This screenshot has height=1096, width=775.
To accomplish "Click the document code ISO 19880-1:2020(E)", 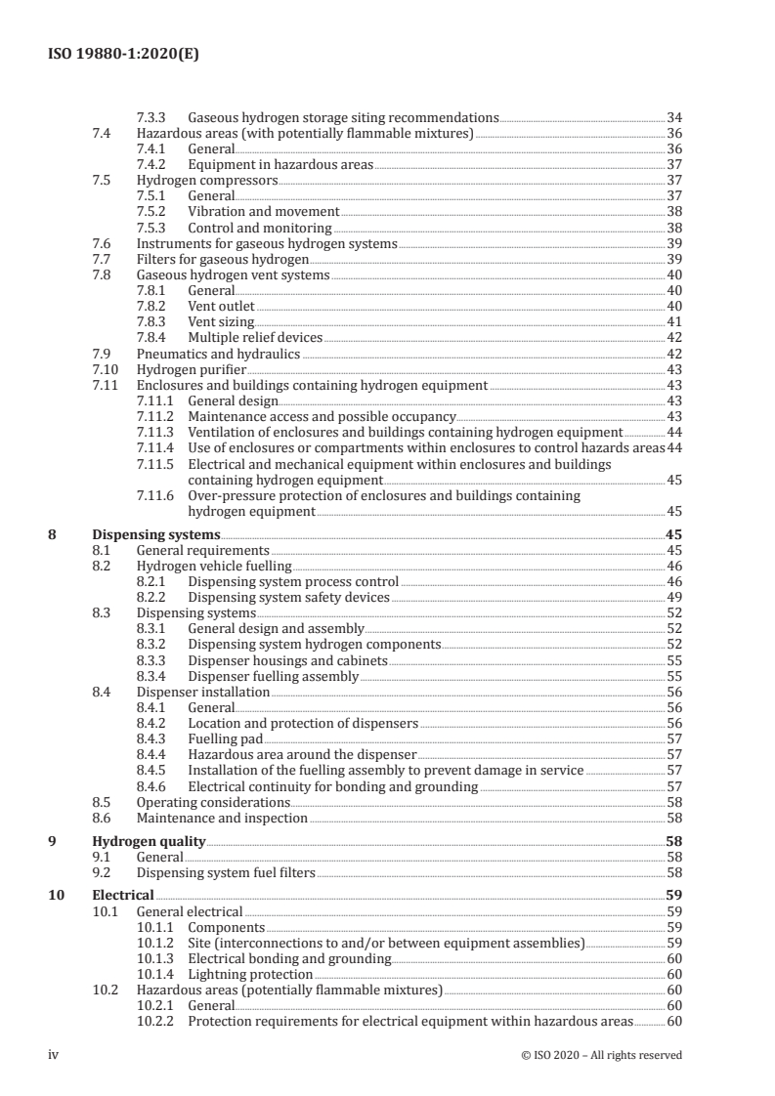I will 124,55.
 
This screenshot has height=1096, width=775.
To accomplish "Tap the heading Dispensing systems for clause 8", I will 155,535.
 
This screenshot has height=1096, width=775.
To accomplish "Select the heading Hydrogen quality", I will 149,841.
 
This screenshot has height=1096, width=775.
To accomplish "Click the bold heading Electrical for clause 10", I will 122,895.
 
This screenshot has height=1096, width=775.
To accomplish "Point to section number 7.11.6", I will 159,496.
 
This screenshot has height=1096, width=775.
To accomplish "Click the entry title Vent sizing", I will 221,321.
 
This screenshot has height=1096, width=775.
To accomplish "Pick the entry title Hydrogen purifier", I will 191,369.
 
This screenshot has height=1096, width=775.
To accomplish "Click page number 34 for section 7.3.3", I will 673,117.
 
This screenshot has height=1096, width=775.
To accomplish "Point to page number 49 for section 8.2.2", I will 673,598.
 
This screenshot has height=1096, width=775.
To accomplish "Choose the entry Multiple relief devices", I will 254,337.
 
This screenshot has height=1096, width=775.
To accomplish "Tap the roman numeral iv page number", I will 55,1054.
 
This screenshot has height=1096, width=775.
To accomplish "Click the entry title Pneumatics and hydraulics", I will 218,354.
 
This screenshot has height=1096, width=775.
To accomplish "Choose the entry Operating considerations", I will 206,802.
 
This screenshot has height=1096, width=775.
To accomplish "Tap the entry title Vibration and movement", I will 263,212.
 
